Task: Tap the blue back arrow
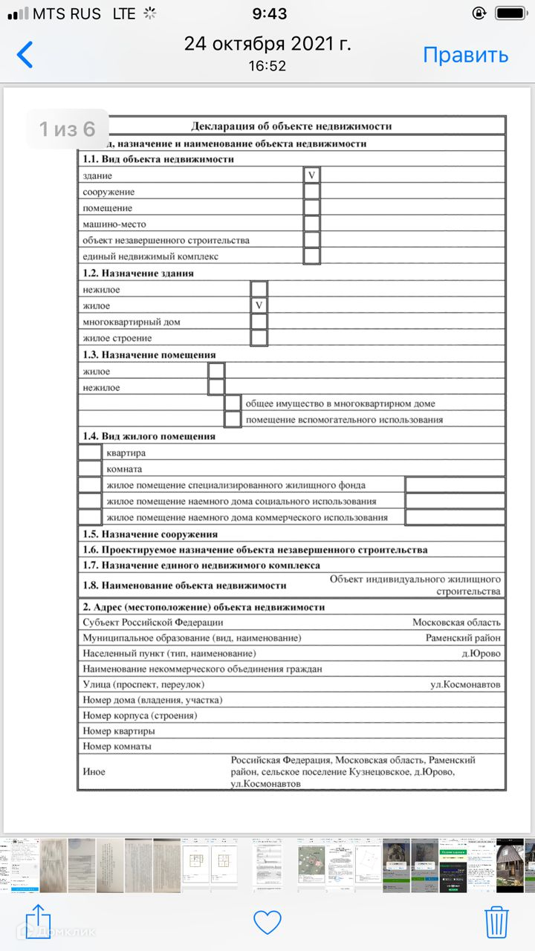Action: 25,55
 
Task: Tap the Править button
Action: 465,55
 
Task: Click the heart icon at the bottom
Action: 267,922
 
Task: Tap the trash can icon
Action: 496,922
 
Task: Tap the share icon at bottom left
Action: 38,921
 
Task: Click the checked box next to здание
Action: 312,175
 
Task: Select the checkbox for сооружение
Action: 312,192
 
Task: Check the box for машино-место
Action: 312,224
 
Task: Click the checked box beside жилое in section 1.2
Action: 259,305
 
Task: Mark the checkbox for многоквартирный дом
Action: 259,322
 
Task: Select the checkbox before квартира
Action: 90,452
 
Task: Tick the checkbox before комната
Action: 90,469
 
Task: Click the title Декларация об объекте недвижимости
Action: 291,126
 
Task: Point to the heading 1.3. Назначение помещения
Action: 149,354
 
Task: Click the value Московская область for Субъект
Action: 456,622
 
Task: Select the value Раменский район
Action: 463,637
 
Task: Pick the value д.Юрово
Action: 481,653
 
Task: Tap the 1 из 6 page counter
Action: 68,129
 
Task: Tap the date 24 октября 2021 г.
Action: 267,44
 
